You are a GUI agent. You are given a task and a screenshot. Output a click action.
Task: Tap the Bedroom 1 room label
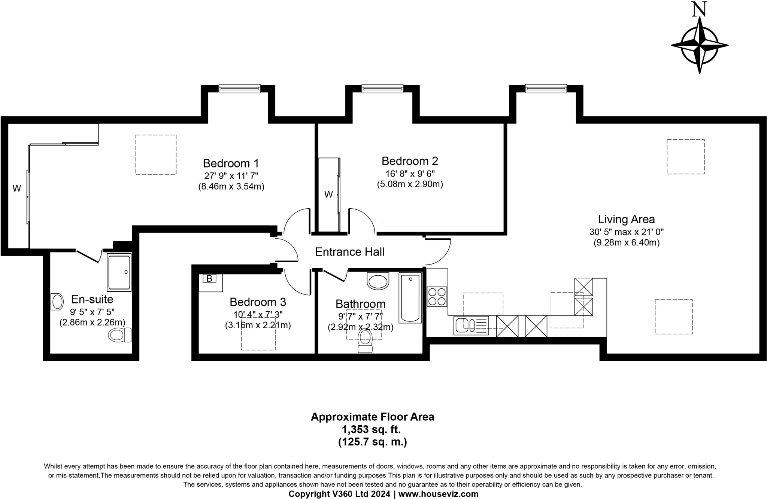pos(231,163)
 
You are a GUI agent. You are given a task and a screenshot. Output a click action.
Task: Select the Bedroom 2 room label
pos(410,161)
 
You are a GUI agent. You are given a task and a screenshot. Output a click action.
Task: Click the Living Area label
pos(626,219)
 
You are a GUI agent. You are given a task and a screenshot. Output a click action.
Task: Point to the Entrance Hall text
pos(350,252)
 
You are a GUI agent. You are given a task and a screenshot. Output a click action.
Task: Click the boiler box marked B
pos(209,278)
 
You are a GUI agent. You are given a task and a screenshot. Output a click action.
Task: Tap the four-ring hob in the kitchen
pos(437,296)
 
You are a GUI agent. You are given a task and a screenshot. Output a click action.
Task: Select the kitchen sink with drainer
pos(471,326)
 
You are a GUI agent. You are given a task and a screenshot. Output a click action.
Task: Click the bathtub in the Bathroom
pos(410,298)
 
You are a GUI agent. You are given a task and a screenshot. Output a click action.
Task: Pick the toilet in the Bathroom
pos(365,341)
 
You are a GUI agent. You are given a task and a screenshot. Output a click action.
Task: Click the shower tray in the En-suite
pos(119,272)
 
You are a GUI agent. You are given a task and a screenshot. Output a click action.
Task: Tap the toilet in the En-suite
pos(120,335)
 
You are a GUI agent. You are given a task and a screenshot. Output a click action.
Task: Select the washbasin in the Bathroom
pos(378,281)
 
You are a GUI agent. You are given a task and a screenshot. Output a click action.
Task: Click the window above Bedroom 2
pos(382,88)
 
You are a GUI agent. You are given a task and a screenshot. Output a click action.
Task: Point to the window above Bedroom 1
pos(239,88)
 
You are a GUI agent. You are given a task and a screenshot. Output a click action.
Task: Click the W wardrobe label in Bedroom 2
pos(328,194)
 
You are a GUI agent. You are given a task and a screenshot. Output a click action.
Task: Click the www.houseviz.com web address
pos(439,494)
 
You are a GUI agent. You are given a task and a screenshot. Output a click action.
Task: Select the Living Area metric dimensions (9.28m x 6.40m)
pos(627,242)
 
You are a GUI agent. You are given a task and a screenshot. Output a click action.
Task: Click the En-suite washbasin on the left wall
pos(57,301)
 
